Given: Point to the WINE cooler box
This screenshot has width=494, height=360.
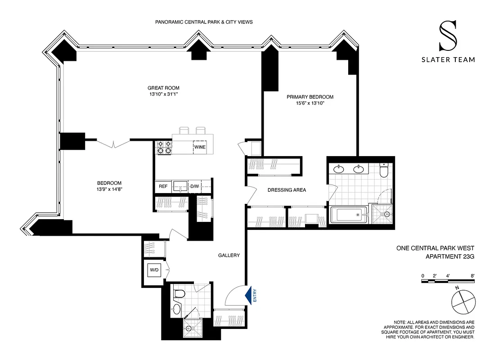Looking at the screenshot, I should pos(200,147).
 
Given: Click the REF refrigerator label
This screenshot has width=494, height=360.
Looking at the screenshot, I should pos(163,186).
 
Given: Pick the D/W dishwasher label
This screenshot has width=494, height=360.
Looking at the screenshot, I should pos(194,186).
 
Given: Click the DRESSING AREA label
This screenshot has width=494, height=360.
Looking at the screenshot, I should pos(287,190).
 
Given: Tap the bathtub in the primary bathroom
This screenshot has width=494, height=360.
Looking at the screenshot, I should pos(349,215).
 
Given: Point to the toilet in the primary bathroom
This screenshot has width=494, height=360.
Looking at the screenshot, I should pos(383,171).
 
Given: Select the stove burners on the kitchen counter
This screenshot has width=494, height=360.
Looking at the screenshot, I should pos(164,148).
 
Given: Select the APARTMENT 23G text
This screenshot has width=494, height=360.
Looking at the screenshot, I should pos(450,256).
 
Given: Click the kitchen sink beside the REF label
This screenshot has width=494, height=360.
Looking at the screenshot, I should pos(181,186).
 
